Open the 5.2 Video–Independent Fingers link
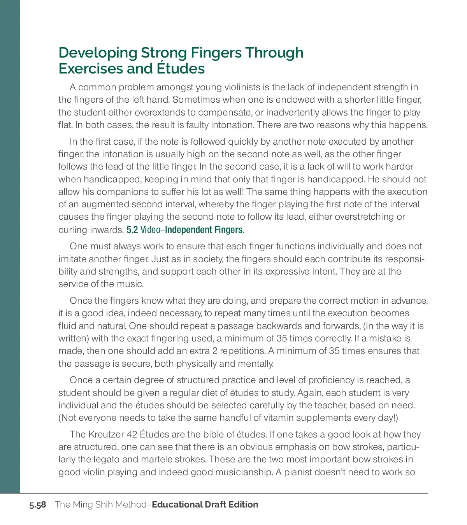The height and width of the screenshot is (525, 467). click(185, 230)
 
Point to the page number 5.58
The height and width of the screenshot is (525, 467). click(38, 505)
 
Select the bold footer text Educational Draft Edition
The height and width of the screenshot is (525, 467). click(205, 504)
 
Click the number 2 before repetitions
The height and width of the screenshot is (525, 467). click(214, 351)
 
